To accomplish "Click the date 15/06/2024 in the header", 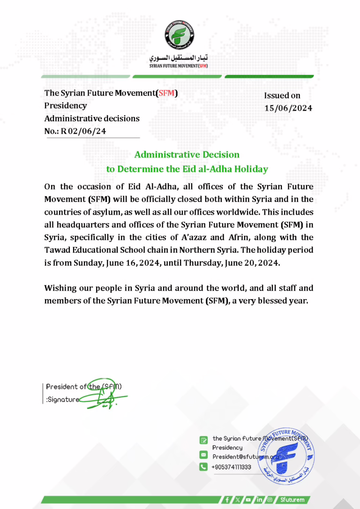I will [288, 108].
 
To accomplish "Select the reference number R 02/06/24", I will [83, 131].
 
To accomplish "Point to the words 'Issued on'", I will [282, 96].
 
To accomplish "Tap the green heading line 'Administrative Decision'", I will [187, 154].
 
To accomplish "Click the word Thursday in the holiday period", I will [196, 263].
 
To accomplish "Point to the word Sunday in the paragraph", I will [89, 263].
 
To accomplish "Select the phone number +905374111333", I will [232, 467].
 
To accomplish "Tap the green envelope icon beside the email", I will [203, 455].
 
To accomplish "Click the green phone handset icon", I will [203, 467].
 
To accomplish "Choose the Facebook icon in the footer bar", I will [227, 500].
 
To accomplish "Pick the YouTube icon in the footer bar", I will [247, 500].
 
